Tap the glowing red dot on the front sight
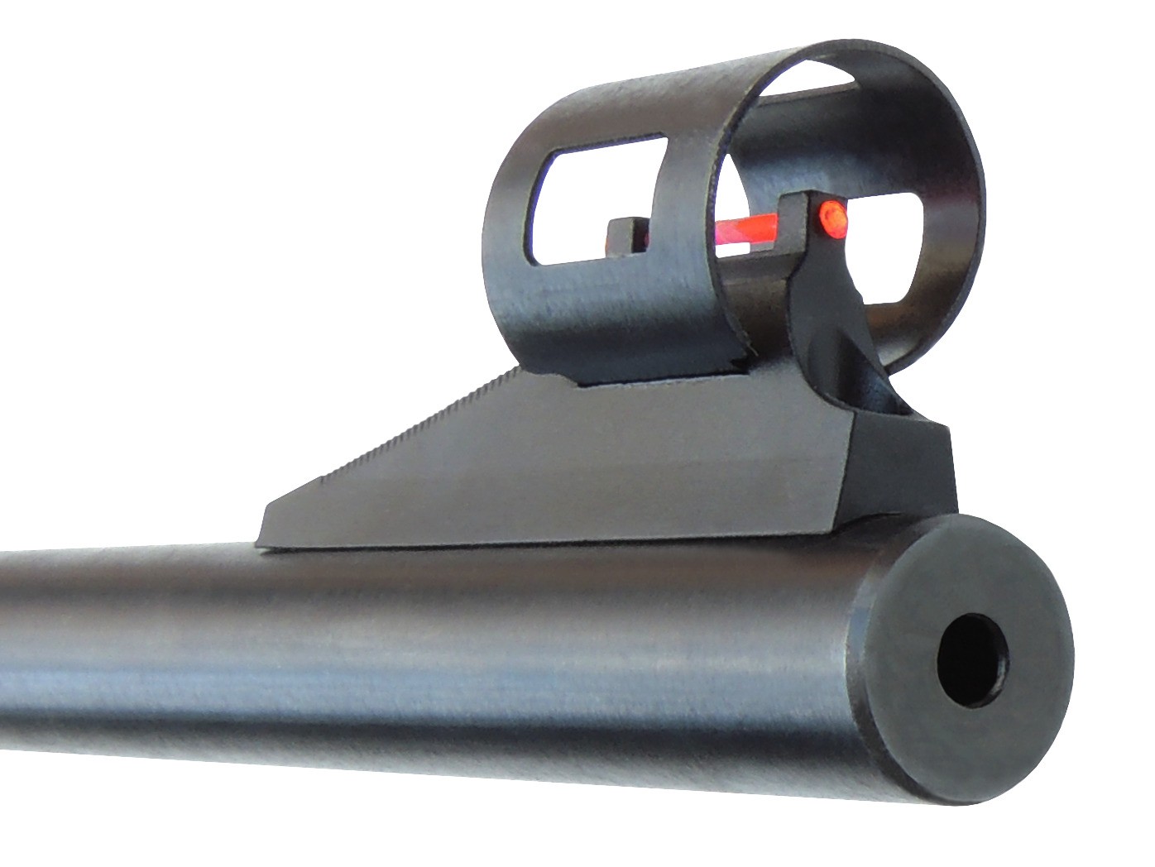(x=832, y=216)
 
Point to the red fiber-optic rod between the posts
(x=745, y=228)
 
